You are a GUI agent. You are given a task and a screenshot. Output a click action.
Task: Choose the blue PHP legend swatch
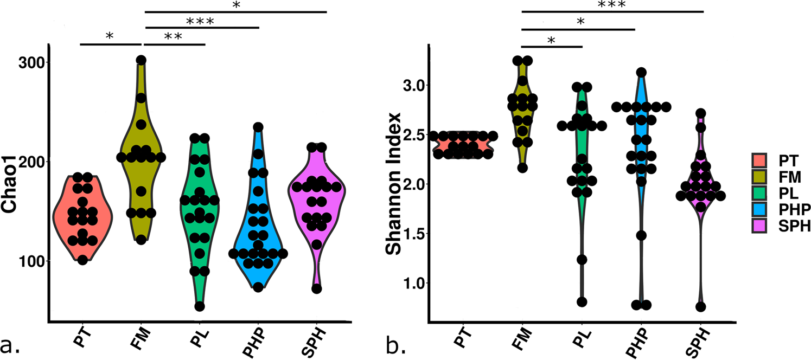tap(759, 209)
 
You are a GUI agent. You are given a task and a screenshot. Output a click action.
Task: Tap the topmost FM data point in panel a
tap(141, 60)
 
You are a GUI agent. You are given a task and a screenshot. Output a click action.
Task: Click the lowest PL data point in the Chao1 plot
tap(200, 306)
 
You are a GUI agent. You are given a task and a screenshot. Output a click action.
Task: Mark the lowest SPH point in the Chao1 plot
tap(317, 288)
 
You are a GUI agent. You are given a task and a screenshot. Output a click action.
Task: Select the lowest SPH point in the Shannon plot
tap(701, 307)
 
